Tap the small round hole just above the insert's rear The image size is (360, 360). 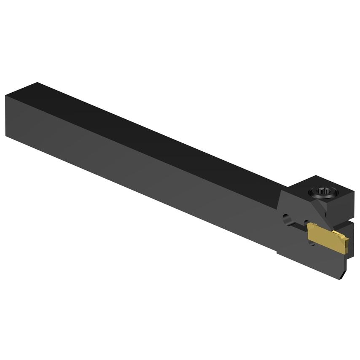306,222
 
